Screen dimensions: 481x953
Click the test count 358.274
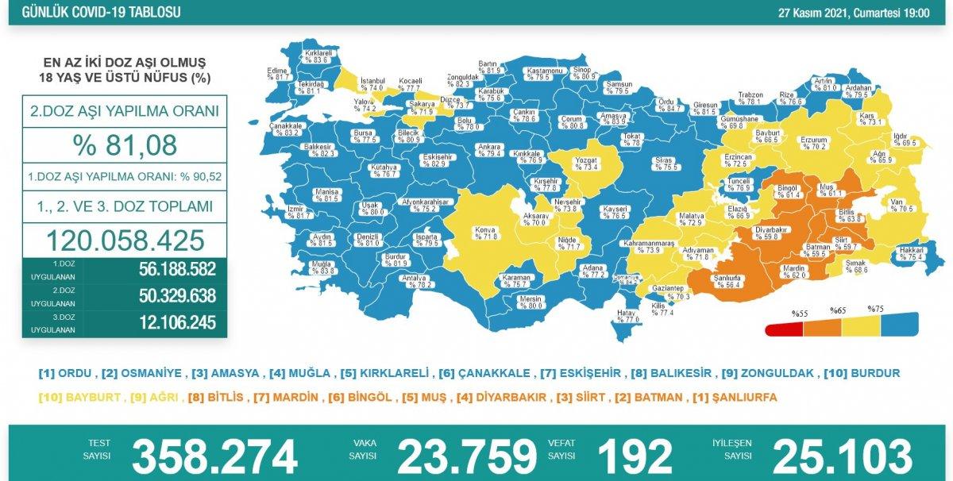214,458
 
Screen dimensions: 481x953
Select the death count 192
635,458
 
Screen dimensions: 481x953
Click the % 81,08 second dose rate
125,145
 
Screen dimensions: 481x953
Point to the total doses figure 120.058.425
125,239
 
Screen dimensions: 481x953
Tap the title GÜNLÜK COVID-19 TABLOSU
101,13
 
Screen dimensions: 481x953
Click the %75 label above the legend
875,309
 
